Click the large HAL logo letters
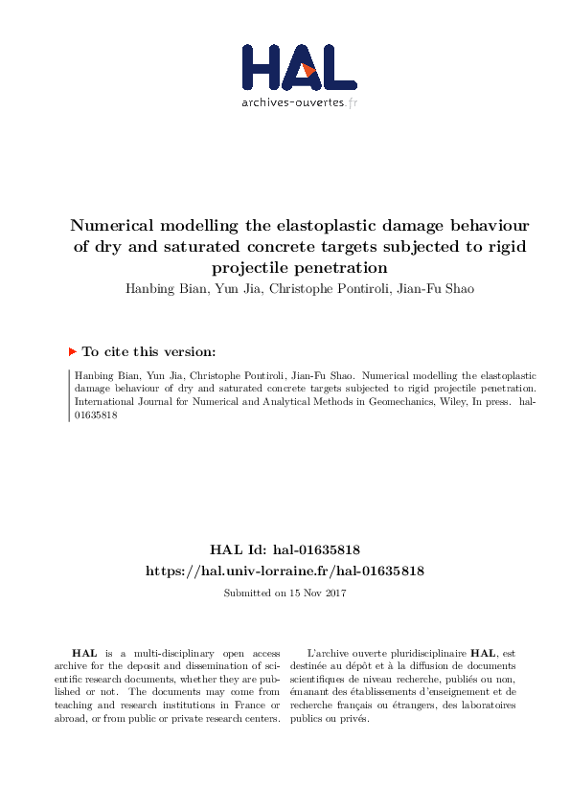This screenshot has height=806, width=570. (x=284, y=67)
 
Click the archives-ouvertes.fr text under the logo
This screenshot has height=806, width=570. (x=299, y=101)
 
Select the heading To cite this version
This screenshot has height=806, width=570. (x=148, y=351)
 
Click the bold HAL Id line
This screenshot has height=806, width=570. (x=285, y=549)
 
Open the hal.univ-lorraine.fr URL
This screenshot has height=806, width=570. (x=285, y=571)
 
